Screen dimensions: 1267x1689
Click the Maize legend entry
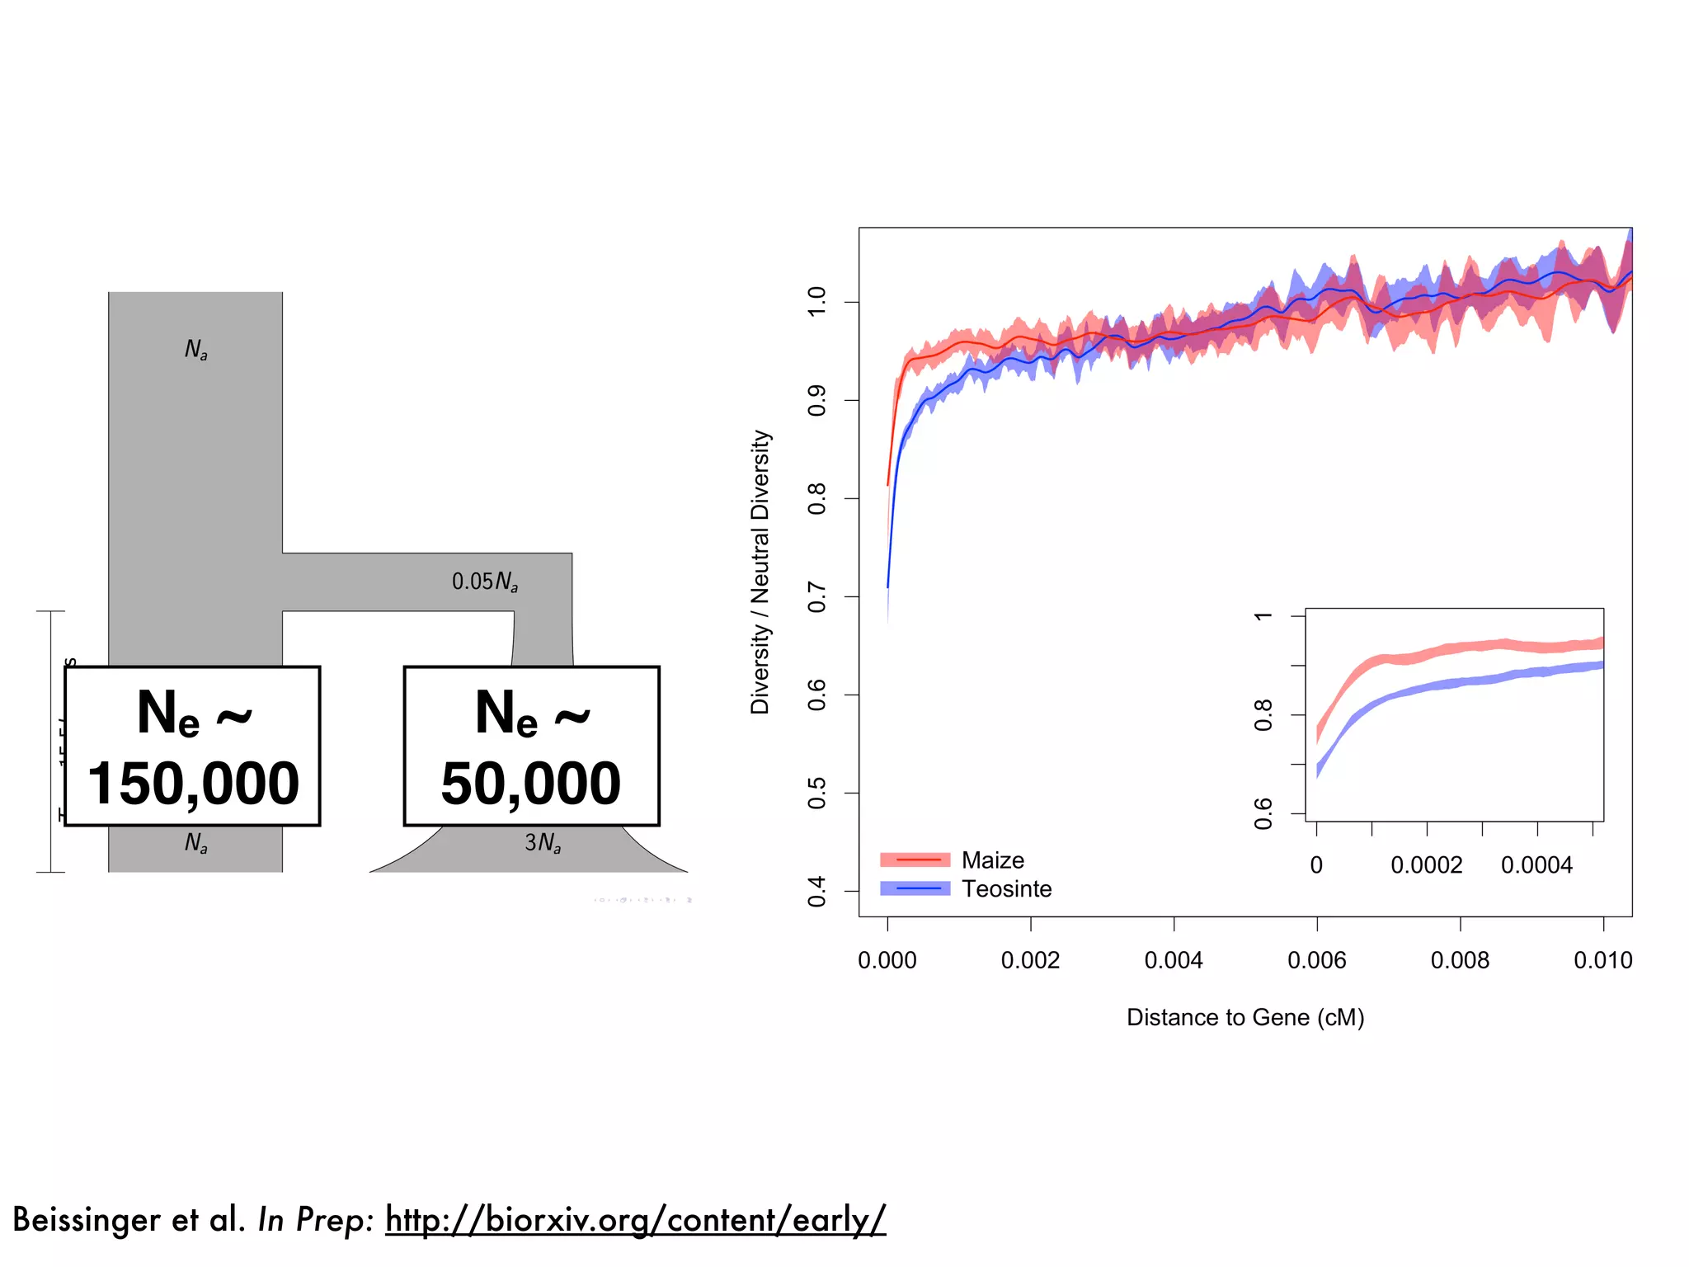tap(992, 860)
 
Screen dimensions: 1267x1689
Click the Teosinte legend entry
tap(1006, 889)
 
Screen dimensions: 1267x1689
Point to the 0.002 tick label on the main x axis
tap(1030, 960)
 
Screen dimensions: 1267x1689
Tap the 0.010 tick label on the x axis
tap(1602, 960)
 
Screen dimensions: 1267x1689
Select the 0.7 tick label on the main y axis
tap(816, 596)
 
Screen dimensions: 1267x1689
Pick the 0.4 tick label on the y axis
tap(816, 891)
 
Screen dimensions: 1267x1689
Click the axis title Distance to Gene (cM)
tap(1245, 1017)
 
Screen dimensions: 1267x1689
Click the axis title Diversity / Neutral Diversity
tap(760, 572)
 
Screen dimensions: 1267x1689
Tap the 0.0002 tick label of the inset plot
tap(1426, 865)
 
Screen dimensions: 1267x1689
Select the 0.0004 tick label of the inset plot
tap(1536, 865)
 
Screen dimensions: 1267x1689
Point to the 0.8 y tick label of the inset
tap(1263, 715)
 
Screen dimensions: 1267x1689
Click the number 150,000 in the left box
tap(193, 784)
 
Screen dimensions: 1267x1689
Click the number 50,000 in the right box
tap(530, 784)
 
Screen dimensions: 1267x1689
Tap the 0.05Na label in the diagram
tap(485, 582)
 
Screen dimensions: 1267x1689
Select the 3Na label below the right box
tap(543, 843)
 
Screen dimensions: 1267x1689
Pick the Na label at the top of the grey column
tap(196, 350)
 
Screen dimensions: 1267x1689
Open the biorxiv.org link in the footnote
tap(635, 1219)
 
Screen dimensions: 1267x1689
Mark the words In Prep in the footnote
tap(316, 1219)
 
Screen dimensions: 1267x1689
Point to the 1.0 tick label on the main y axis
tap(816, 302)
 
